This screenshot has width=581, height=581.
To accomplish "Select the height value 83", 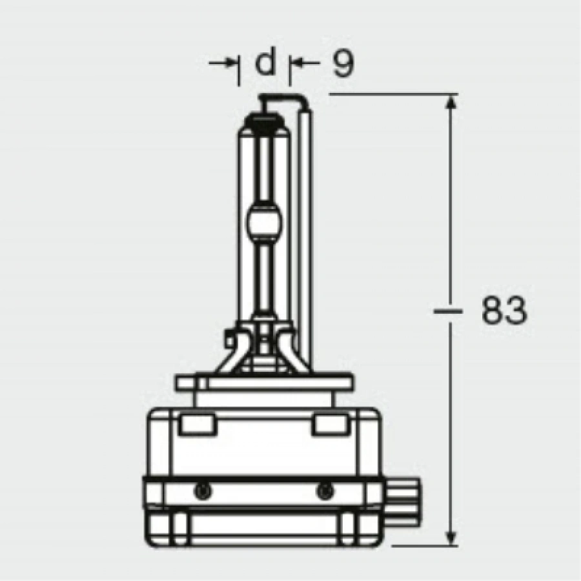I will (504, 312).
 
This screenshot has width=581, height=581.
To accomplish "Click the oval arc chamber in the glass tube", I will (265, 221).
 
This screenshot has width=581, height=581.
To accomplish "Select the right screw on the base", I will (322, 491).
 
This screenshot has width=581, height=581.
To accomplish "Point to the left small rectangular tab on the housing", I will (196, 424).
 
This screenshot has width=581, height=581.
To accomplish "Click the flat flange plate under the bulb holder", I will (265, 383).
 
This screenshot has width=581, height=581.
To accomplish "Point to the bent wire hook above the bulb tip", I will (284, 98).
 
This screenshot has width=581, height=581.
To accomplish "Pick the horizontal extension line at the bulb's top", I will (387, 94).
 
